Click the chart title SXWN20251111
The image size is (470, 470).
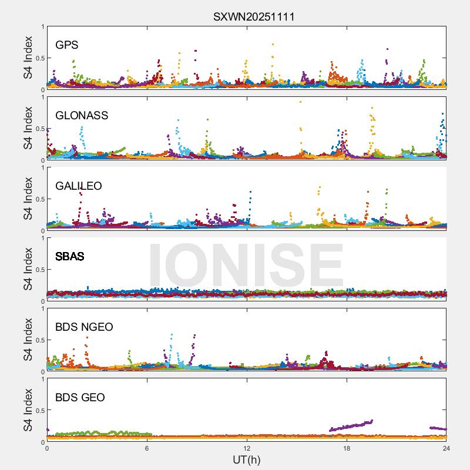pyautogui.click(x=254, y=16)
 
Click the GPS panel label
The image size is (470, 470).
pyautogui.click(x=67, y=45)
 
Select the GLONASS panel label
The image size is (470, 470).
pyautogui.click(x=82, y=116)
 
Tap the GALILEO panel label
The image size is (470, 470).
pyautogui.click(x=79, y=186)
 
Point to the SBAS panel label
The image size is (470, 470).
pyautogui.click(x=70, y=257)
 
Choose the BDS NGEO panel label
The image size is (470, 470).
pyautogui.click(x=84, y=327)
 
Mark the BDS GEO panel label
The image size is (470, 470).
pyautogui.click(x=80, y=398)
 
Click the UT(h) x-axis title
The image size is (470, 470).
pyautogui.click(x=246, y=459)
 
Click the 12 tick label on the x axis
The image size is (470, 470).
pyautogui.click(x=247, y=448)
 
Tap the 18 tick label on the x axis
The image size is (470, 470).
pyautogui.click(x=347, y=448)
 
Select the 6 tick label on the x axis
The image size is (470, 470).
pyautogui.click(x=147, y=448)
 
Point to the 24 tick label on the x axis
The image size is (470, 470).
pyautogui.click(x=446, y=448)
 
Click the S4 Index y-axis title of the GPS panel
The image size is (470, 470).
pyautogui.click(x=28, y=58)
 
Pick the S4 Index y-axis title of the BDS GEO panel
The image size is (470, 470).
pyautogui.click(x=28, y=410)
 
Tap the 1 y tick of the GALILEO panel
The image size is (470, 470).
pyautogui.click(x=42, y=167)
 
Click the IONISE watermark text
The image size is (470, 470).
pyautogui.click(x=246, y=266)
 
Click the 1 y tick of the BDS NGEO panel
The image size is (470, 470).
pyautogui.click(x=42, y=308)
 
